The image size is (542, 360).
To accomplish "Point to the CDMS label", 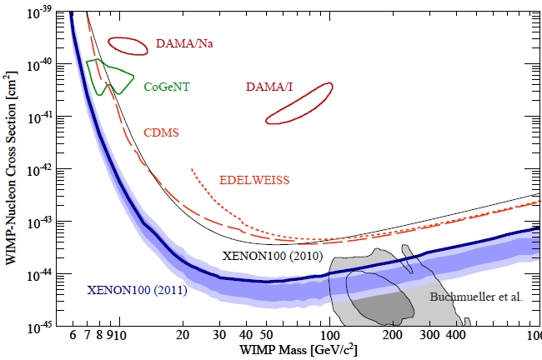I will (x=161, y=132).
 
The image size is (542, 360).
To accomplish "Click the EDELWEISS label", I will (x=255, y=180).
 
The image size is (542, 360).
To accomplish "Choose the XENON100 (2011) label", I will (x=137, y=291).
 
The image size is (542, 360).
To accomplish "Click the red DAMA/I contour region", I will (x=299, y=103).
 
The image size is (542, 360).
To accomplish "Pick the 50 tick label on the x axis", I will (x=267, y=335).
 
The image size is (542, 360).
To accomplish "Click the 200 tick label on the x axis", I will (x=392, y=335).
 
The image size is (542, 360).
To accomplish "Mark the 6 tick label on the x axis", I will (x=74, y=335).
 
